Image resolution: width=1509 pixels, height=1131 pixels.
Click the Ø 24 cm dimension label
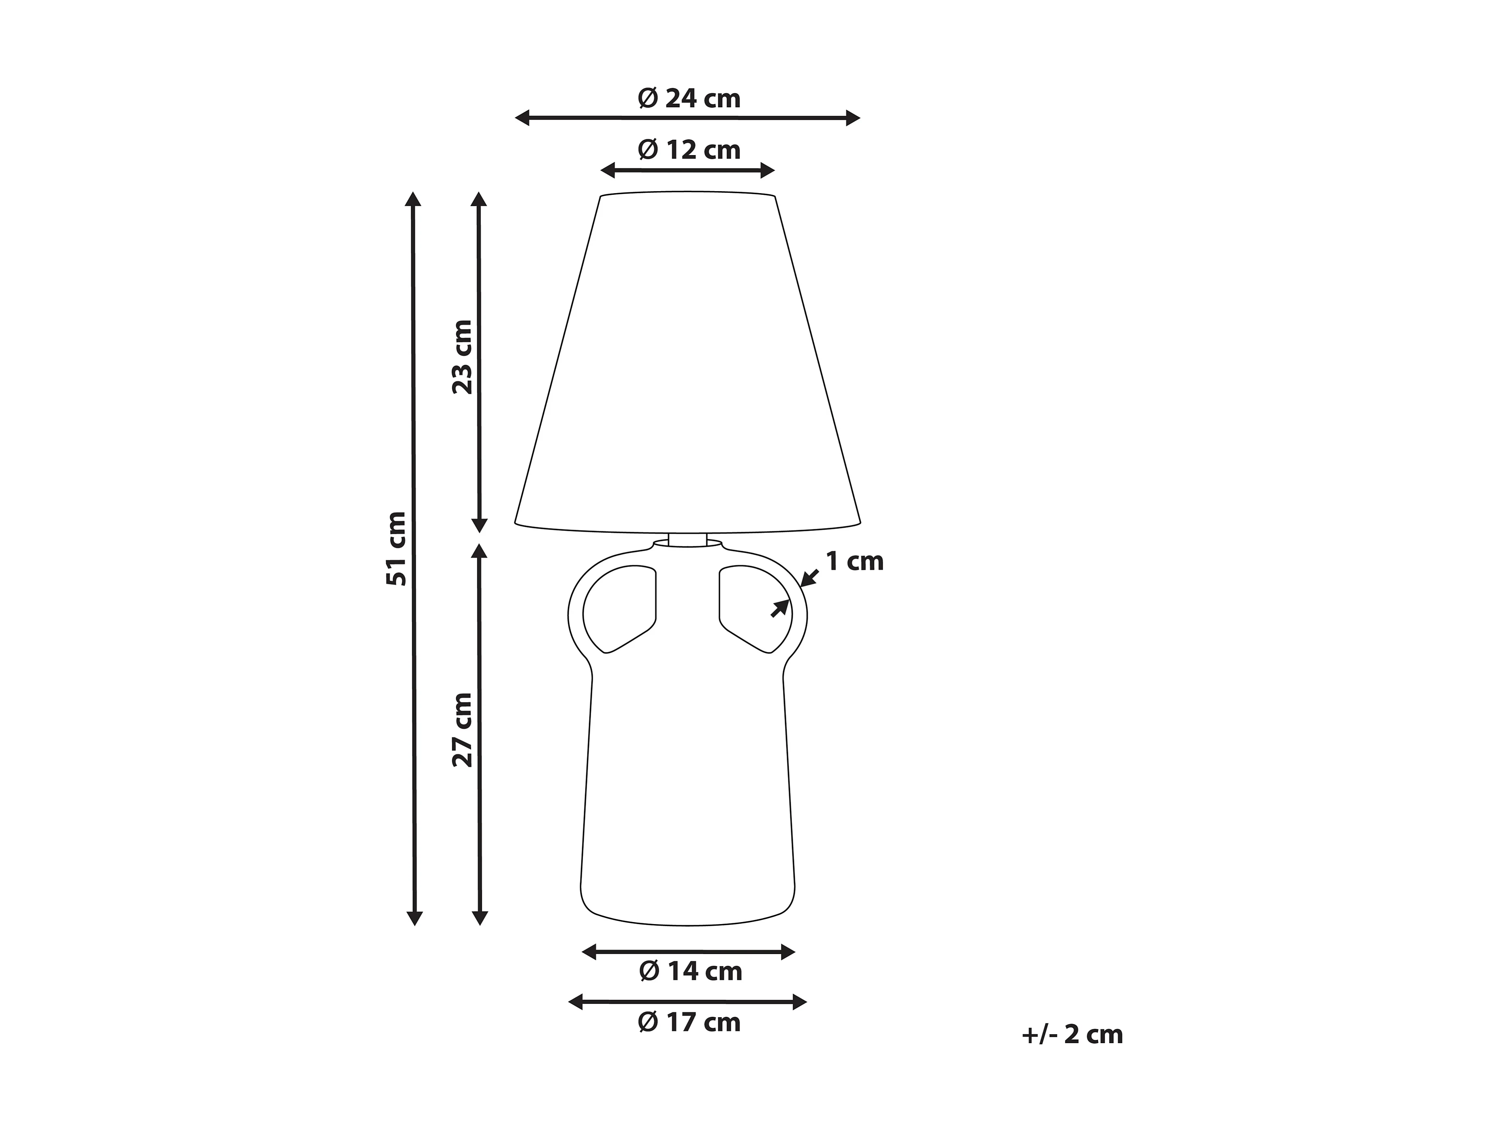point(689,99)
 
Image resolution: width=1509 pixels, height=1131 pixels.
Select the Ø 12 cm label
point(689,150)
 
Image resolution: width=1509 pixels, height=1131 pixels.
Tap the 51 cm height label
point(396,549)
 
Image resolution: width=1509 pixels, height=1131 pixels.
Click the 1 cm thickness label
point(855,562)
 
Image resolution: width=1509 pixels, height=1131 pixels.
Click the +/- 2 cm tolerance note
point(1072,1035)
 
